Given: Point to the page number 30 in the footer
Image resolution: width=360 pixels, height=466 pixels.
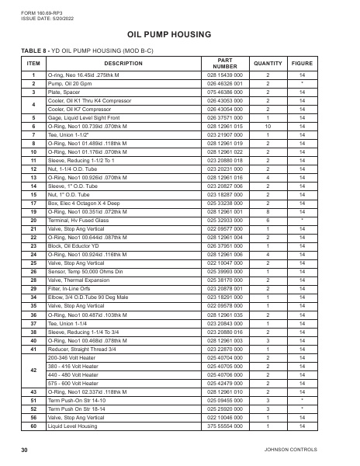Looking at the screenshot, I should click(25, 450).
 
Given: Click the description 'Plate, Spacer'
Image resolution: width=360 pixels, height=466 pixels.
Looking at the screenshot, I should click(66, 92).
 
